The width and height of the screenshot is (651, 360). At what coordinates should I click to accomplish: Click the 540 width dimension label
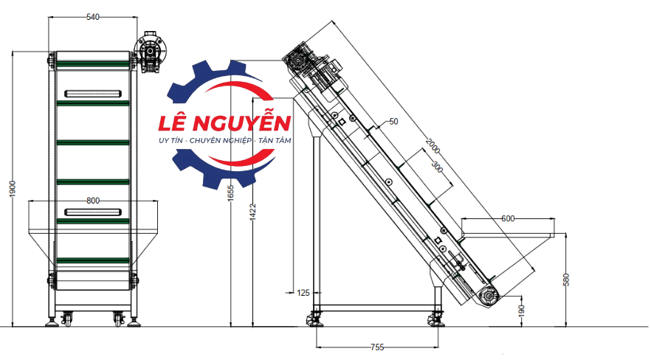pyautogui.click(x=93, y=17)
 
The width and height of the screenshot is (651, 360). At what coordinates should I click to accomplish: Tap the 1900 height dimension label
pyautogui.click(x=13, y=189)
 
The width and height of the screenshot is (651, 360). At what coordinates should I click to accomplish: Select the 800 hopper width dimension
pyautogui.click(x=93, y=201)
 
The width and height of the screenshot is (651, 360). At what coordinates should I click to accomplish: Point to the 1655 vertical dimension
pyautogui.click(x=231, y=193)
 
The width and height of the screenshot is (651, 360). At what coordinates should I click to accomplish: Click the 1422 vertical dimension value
pyautogui.click(x=253, y=212)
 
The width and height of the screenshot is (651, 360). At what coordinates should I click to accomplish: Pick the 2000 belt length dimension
pyautogui.click(x=433, y=146)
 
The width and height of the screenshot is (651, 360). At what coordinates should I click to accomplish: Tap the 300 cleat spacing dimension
pyautogui.click(x=437, y=167)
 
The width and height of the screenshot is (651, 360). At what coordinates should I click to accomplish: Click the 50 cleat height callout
pyautogui.click(x=393, y=122)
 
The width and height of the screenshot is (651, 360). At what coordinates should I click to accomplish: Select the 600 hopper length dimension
pyautogui.click(x=508, y=218)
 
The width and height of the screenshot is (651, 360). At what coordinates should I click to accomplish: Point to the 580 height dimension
pyautogui.click(x=566, y=280)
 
